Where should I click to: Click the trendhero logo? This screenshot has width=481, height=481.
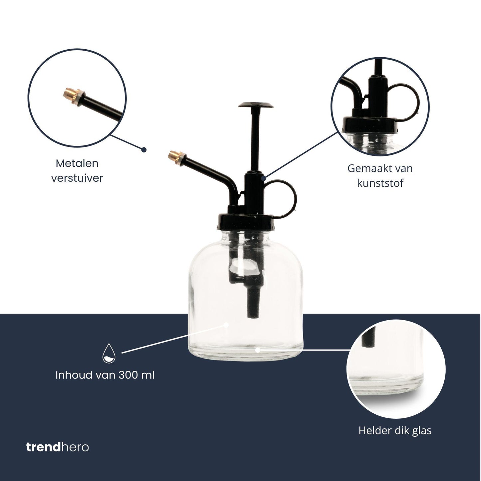58,447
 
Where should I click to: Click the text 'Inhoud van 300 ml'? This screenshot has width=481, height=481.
105,375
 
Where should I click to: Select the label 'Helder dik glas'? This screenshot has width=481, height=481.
395,430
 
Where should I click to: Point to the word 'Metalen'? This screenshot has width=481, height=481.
77,163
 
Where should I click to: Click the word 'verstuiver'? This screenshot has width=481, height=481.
77,178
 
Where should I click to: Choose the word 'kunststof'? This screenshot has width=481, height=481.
380,183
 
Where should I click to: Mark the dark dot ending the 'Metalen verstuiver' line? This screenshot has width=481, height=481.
144,150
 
